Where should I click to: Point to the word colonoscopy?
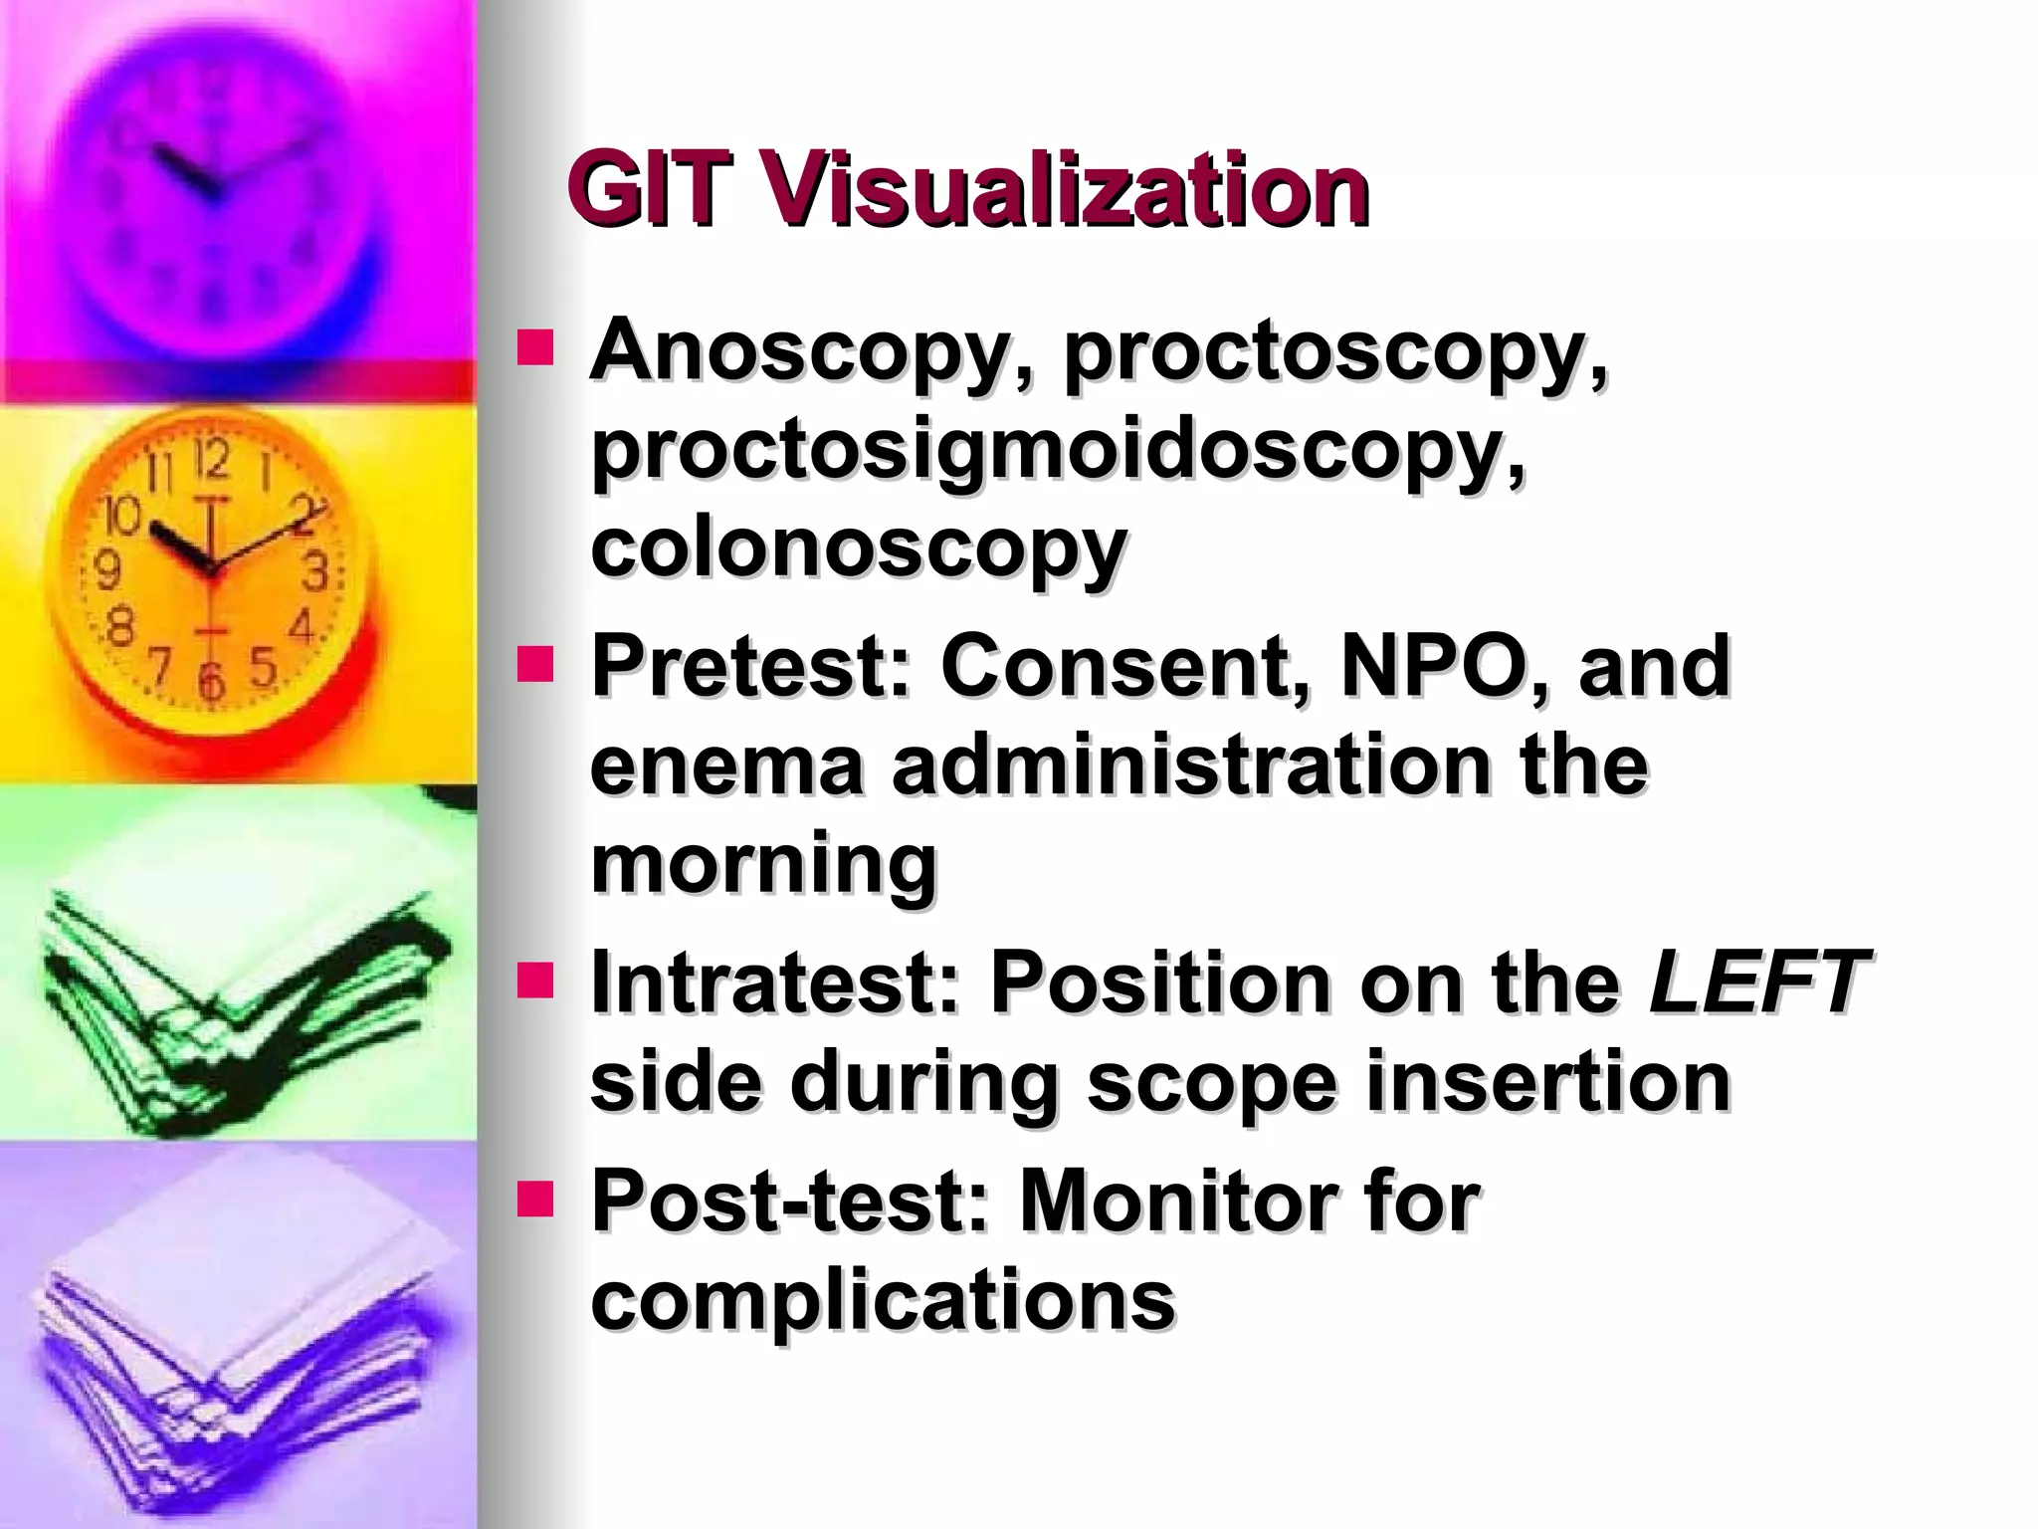point(858,550)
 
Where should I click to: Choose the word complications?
point(883,1299)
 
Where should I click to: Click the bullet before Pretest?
point(535,664)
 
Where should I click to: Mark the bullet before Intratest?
point(535,981)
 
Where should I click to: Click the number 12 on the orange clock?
point(211,460)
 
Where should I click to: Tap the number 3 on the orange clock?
point(316,572)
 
